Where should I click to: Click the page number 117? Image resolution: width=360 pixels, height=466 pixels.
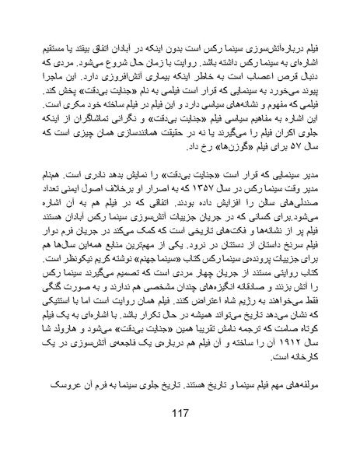click(180, 434)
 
